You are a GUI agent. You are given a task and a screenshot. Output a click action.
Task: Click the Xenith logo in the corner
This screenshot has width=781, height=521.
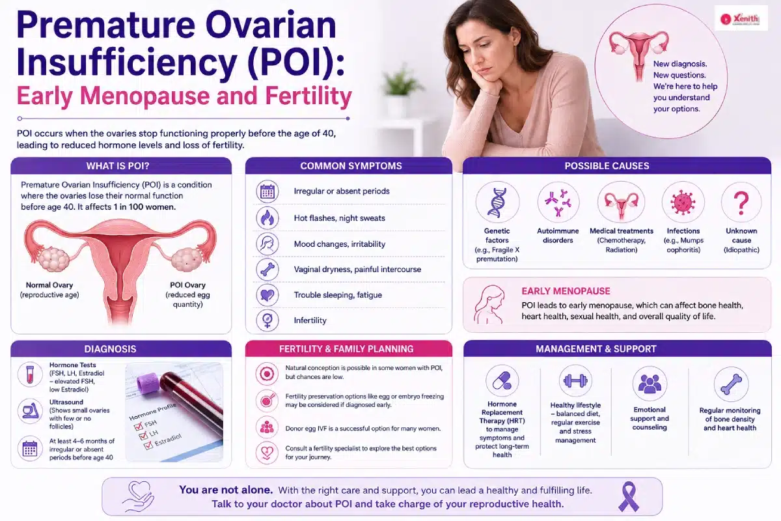click(741, 18)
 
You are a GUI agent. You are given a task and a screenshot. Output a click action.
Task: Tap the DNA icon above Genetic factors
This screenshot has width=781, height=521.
click(497, 203)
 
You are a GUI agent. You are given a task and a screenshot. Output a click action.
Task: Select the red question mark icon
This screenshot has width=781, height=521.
click(741, 203)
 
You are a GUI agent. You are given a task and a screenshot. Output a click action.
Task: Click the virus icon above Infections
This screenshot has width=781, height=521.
click(683, 203)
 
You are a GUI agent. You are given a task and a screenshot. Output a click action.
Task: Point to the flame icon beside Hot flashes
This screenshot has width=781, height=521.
click(267, 218)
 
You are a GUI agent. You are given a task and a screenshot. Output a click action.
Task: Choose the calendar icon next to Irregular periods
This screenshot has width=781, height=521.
click(267, 191)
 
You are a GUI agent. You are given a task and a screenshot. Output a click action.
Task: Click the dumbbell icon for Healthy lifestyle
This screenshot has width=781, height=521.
click(575, 381)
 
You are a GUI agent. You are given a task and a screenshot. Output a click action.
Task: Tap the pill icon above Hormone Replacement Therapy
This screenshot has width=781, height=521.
click(502, 382)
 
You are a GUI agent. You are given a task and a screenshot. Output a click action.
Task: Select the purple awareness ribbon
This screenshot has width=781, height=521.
click(629, 496)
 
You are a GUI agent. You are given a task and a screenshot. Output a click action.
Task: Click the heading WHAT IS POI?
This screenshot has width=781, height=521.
click(118, 166)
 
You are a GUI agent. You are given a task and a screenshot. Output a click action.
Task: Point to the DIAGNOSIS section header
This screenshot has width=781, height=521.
click(110, 349)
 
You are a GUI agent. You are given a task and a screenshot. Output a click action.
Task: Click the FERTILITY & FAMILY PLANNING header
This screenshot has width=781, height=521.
click(346, 349)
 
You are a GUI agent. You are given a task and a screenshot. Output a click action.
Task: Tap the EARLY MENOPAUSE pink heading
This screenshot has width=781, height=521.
click(566, 291)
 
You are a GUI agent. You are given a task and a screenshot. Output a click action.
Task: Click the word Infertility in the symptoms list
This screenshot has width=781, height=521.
click(310, 320)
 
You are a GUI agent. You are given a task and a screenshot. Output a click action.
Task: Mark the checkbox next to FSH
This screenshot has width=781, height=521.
click(139, 427)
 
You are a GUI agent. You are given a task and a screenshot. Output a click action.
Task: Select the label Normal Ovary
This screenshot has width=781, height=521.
click(49, 285)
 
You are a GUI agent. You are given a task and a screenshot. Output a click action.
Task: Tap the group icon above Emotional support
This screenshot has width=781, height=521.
click(650, 383)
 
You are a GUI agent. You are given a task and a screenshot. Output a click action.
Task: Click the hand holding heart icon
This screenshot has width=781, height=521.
click(138, 497)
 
